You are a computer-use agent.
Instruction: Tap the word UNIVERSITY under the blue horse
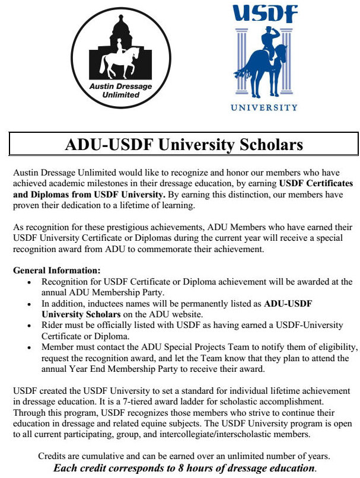264,108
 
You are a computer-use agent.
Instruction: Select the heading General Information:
57,271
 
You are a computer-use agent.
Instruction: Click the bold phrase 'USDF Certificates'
316,183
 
